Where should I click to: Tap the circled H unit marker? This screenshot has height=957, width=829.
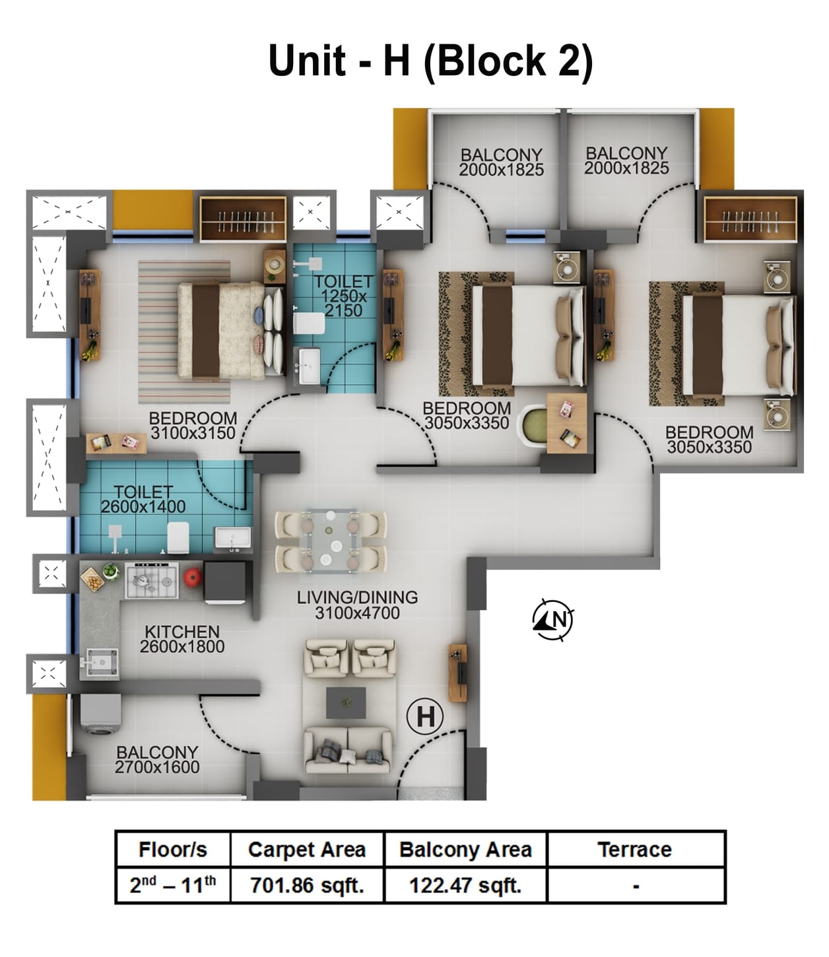coord(425,716)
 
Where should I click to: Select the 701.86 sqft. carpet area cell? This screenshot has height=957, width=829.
coord(307,884)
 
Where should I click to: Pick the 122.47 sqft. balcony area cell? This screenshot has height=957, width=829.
coord(465,884)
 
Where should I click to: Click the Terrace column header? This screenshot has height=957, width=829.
coord(635,849)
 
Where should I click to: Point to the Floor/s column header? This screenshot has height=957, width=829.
coord(173,849)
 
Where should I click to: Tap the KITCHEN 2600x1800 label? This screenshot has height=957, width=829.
coord(182,639)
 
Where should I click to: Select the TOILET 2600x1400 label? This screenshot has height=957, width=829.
coord(143,499)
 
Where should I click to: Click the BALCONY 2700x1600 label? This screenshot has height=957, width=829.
coord(157,759)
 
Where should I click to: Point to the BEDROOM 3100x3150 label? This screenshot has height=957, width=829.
coord(193,426)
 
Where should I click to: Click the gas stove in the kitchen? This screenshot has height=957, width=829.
coord(152,580)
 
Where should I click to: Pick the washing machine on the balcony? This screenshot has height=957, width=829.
coord(100,715)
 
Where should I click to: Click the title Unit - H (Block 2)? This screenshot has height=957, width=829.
coord(430,61)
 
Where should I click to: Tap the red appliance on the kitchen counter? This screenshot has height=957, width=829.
coord(192,577)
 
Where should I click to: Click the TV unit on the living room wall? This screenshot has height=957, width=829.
coord(457,672)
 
